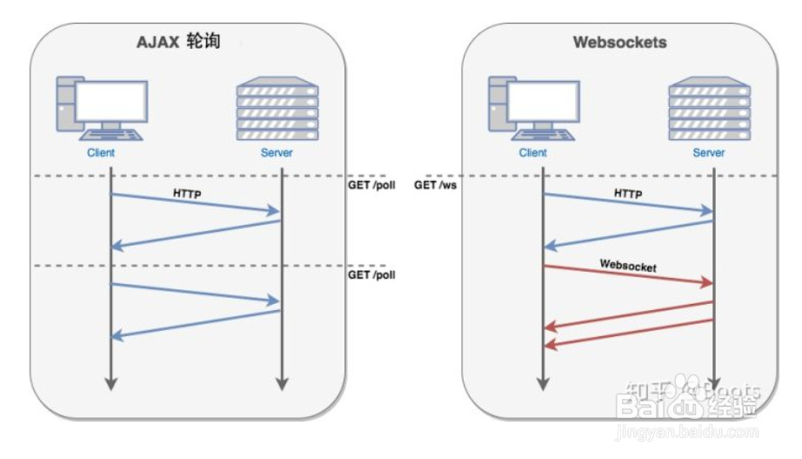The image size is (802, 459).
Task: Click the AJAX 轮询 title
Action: [x=177, y=43]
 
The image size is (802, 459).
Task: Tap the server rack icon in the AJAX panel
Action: [x=277, y=108]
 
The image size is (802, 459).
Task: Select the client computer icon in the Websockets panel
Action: [x=533, y=108]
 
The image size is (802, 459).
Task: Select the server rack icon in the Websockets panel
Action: [x=709, y=108]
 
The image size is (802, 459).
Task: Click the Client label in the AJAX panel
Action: [x=101, y=153]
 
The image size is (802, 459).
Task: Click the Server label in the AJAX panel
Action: [x=277, y=153]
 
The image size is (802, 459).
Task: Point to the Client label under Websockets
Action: [x=532, y=153]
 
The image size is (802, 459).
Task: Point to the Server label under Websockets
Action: [x=709, y=153]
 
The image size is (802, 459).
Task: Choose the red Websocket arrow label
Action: [x=628, y=265]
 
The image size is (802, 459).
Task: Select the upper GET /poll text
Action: [x=371, y=185]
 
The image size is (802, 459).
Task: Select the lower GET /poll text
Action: [x=371, y=274]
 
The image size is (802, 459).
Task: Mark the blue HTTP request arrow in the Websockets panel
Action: [x=628, y=203]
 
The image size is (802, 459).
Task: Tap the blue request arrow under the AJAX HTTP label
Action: [x=195, y=203]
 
